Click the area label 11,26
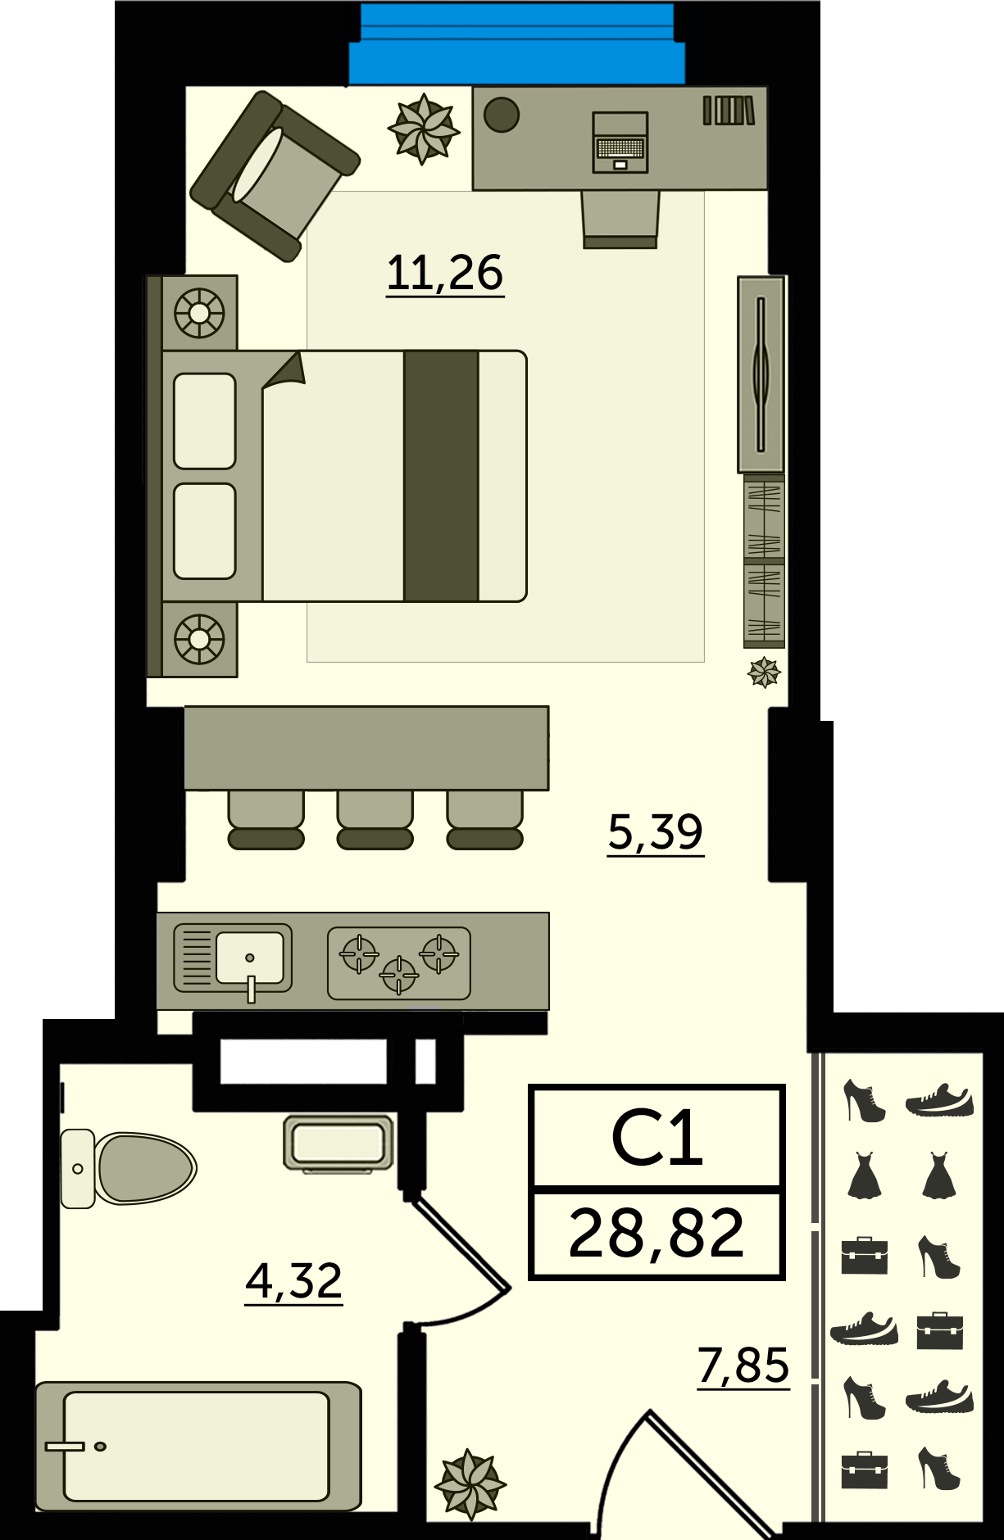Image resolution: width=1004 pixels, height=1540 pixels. click(x=445, y=273)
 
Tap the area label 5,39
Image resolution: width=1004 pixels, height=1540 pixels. click(x=656, y=832)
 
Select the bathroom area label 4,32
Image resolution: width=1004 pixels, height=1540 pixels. click(x=293, y=1280)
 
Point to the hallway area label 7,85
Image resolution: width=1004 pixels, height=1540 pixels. click(x=743, y=1366)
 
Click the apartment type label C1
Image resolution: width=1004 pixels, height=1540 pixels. click(x=657, y=1139)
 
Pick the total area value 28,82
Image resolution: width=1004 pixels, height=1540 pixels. click(x=656, y=1234)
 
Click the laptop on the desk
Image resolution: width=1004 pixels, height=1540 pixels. click(x=620, y=143)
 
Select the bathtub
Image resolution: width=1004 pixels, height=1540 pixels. click(x=198, y=1447)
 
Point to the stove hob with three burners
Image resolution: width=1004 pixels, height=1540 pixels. click(x=399, y=963)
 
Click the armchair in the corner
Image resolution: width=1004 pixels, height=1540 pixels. click(x=275, y=176)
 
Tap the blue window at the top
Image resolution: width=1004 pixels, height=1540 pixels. click(x=516, y=44)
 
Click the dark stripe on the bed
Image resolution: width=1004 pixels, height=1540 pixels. click(x=441, y=476)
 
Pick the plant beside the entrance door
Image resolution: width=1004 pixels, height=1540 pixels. click(x=470, y=1483)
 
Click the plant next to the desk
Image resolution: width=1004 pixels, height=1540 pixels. click(x=424, y=129)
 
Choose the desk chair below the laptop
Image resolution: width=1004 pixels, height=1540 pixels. click(x=620, y=219)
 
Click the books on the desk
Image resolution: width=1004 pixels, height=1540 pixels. click(x=729, y=111)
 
